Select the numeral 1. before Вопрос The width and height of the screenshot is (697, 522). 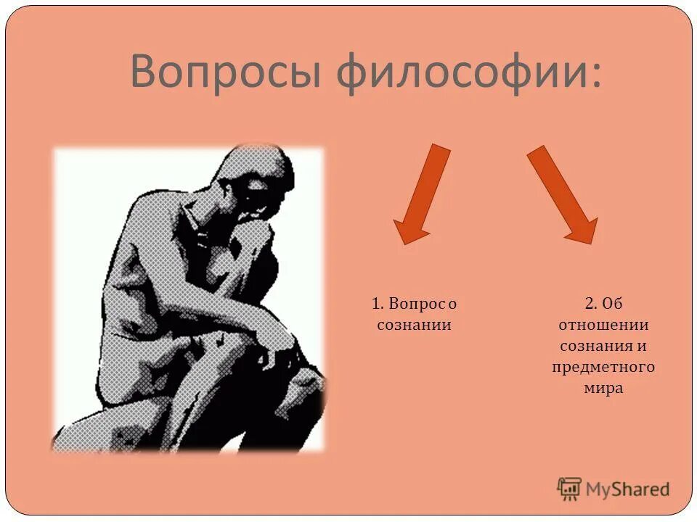point(378,304)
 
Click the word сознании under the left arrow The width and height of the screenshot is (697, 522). point(415,325)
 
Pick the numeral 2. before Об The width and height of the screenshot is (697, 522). point(590,304)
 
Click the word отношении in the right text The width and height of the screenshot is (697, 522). point(603,325)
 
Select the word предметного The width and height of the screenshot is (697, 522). point(603,367)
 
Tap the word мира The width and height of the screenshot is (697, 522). point(603,388)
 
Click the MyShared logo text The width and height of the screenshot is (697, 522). point(628,489)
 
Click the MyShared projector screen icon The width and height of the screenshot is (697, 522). point(569,489)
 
